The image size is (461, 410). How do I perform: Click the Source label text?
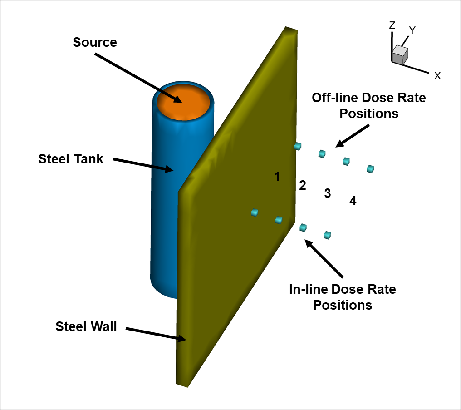point(95,42)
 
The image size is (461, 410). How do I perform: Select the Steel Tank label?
point(71,159)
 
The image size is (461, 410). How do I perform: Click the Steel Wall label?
point(86,326)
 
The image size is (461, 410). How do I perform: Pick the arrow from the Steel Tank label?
point(143,164)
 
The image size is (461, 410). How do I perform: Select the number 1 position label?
point(277,177)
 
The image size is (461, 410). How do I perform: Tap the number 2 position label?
point(303,185)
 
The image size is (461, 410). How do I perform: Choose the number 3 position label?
point(328,193)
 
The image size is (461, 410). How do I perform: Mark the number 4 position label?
point(353,200)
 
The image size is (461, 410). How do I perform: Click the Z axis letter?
point(392,25)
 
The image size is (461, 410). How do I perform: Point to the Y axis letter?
point(412,30)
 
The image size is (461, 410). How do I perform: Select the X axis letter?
point(437,76)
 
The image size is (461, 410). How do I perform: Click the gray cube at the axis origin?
point(399,54)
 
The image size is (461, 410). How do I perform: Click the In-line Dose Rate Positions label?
point(343,297)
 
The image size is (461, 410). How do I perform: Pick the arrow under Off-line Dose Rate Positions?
point(353,135)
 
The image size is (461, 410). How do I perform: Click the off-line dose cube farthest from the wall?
point(370,169)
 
